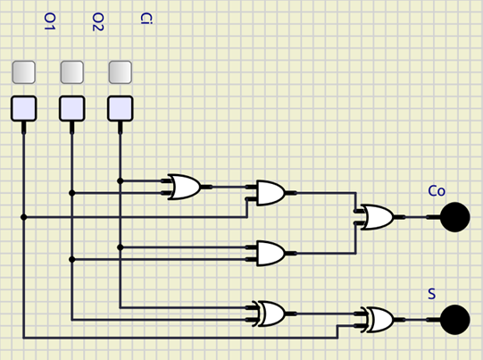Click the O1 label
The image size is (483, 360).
tap(50, 21)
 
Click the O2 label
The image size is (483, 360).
tap(98, 21)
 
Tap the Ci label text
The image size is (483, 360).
tap(146, 19)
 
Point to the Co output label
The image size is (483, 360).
tap(437, 191)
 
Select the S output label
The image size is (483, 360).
tap(432, 294)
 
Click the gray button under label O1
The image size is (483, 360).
tap(24, 72)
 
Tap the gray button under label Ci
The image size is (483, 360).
tap(121, 72)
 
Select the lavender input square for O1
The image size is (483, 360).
tap(24, 108)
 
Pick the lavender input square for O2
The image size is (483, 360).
tap(71, 108)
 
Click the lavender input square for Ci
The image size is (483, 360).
tap(121, 108)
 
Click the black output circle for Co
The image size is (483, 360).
tap(455, 217)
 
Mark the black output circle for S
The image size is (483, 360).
tap(455, 320)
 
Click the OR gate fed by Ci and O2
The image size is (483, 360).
tap(185, 187)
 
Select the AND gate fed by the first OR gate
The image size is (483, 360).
tap(271, 193)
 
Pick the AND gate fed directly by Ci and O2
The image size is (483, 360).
tap(271, 254)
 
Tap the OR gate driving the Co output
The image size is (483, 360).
tap(378, 217)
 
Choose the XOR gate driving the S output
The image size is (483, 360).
tap(378, 320)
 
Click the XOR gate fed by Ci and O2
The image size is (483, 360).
tap(270, 314)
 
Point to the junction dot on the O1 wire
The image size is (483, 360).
tap(24, 217)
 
